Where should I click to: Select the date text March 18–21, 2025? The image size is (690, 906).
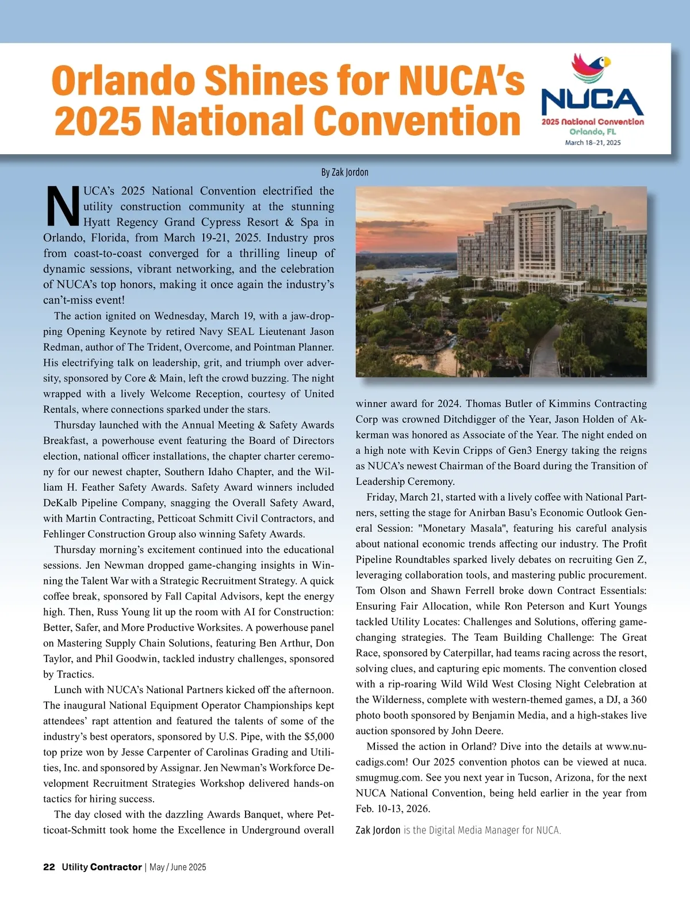592,143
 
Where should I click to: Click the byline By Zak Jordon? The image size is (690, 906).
344,172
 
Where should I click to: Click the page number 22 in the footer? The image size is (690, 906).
49,867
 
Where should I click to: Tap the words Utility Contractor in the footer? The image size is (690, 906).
102,867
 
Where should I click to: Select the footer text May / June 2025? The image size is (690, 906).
178,867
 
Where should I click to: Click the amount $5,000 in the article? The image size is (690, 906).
319,736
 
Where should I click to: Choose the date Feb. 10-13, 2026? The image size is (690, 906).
393,808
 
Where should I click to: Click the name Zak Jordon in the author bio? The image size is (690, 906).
378,830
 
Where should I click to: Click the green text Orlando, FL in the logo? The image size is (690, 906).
592,132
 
